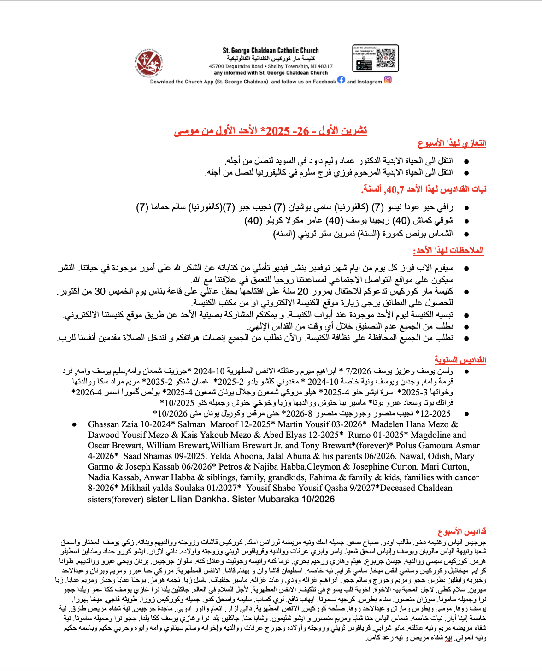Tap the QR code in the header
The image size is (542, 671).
click(x=386, y=58)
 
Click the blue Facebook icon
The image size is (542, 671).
click(x=341, y=80)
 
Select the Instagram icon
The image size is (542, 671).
click(x=388, y=80)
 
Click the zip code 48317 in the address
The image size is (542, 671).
click(x=324, y=66)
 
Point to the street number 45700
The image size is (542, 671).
click(x=217, y=66)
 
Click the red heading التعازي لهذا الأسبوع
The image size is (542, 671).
click(x=452, y=143)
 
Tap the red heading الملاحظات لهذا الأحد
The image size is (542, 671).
click(x=448, y=250)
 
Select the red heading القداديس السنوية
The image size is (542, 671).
click(x=460, y=359)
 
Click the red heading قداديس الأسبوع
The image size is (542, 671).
click(x=462, y=531)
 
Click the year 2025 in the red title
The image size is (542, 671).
click(x=278, y=131)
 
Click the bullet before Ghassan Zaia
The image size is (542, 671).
click(x=75, y=424)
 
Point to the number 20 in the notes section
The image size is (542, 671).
click(x=302, y=291)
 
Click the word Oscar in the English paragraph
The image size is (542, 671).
click(x=99, y=446)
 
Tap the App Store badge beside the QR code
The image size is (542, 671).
click(x=365, y=63)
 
